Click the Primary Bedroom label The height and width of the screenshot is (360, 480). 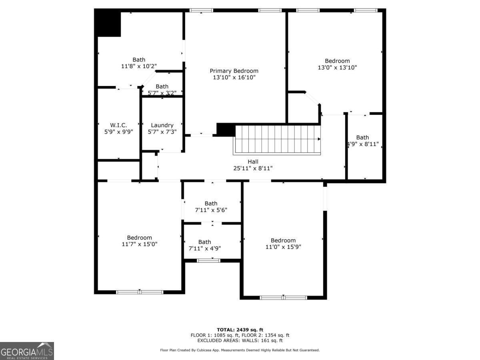coord(234,71)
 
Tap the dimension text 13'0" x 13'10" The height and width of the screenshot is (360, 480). coord(337,68)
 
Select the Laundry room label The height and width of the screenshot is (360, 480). coord(162,125)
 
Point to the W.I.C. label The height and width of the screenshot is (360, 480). coord(118,125)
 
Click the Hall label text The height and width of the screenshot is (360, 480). coord(253,162)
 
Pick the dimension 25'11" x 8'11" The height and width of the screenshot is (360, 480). coord(253,168)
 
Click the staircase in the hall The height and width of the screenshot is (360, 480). coord(277,140)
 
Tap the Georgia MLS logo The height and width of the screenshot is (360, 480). coord(27,351)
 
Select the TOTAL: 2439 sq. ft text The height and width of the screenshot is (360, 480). coord(240,330)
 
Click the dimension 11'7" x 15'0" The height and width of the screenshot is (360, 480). coord(140,244)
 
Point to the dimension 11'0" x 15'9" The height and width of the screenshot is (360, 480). coord(283,247)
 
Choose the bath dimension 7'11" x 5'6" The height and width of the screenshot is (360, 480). coord(211,210)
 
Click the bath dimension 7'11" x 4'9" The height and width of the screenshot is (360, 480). coord(204,248)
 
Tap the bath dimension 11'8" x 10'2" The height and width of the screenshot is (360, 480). coord(139,66)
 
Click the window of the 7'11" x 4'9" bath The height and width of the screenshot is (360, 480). coord(208,261)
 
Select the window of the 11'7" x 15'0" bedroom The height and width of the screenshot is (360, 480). coord(140,292)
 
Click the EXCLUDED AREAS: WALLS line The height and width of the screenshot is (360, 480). coord(240,341)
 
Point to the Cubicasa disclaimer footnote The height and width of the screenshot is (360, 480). coord(240,350)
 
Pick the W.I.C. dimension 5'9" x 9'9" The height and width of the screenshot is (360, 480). coord(118,132)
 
